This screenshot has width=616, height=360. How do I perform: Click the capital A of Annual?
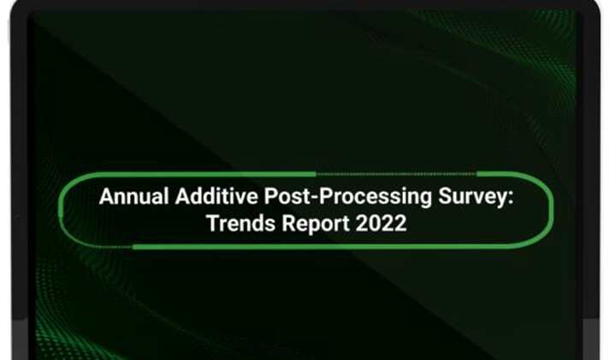106,198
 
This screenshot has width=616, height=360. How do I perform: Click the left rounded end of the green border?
62,210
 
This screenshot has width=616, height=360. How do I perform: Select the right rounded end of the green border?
551,210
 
